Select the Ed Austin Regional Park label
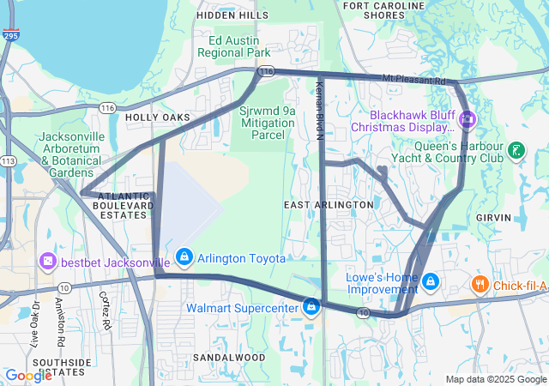coord(233,46)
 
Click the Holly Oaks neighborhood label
coord(156,117)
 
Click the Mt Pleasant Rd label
coord(413,80)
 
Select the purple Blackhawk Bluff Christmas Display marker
coord(468,118)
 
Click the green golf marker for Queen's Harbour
coord(516,151)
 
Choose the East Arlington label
coord(329,205)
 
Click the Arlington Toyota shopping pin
coord(184,256)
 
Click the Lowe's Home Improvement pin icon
coord(431,281)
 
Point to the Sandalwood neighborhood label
coord(228,356)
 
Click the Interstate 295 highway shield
coord(8,37)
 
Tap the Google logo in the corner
coord(28,375)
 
